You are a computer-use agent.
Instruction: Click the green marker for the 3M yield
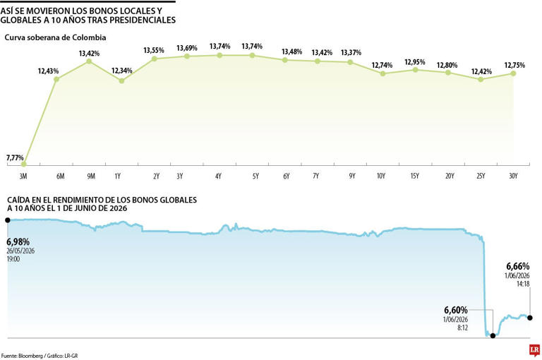coord(23,164)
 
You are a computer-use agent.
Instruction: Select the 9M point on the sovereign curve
coord(89,61)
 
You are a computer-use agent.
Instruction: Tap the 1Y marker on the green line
coord(121,81)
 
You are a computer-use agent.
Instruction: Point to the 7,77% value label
coord(15,157)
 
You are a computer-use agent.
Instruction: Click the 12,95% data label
coord(415,62)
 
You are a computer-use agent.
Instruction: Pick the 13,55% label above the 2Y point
coord(154,51)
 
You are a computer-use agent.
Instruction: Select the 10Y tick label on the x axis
coord(381,176)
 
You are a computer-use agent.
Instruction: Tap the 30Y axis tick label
coord(513,176)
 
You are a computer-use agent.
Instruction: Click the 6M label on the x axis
coord(60,176)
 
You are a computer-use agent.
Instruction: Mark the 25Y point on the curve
coord(481,79)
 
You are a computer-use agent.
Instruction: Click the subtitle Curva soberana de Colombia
coord(55,37)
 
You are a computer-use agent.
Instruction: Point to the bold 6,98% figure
coord(18,241)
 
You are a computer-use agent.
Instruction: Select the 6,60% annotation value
coord(456,310)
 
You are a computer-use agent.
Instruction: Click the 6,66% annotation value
coord(518,266)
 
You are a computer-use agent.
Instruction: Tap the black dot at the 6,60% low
coord(493,335)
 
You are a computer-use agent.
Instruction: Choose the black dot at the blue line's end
coord(530,318)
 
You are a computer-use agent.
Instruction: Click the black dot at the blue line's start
coord(8,220)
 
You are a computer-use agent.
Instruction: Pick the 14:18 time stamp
coord(523,284)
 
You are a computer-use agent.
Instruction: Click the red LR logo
coord(534,350)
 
